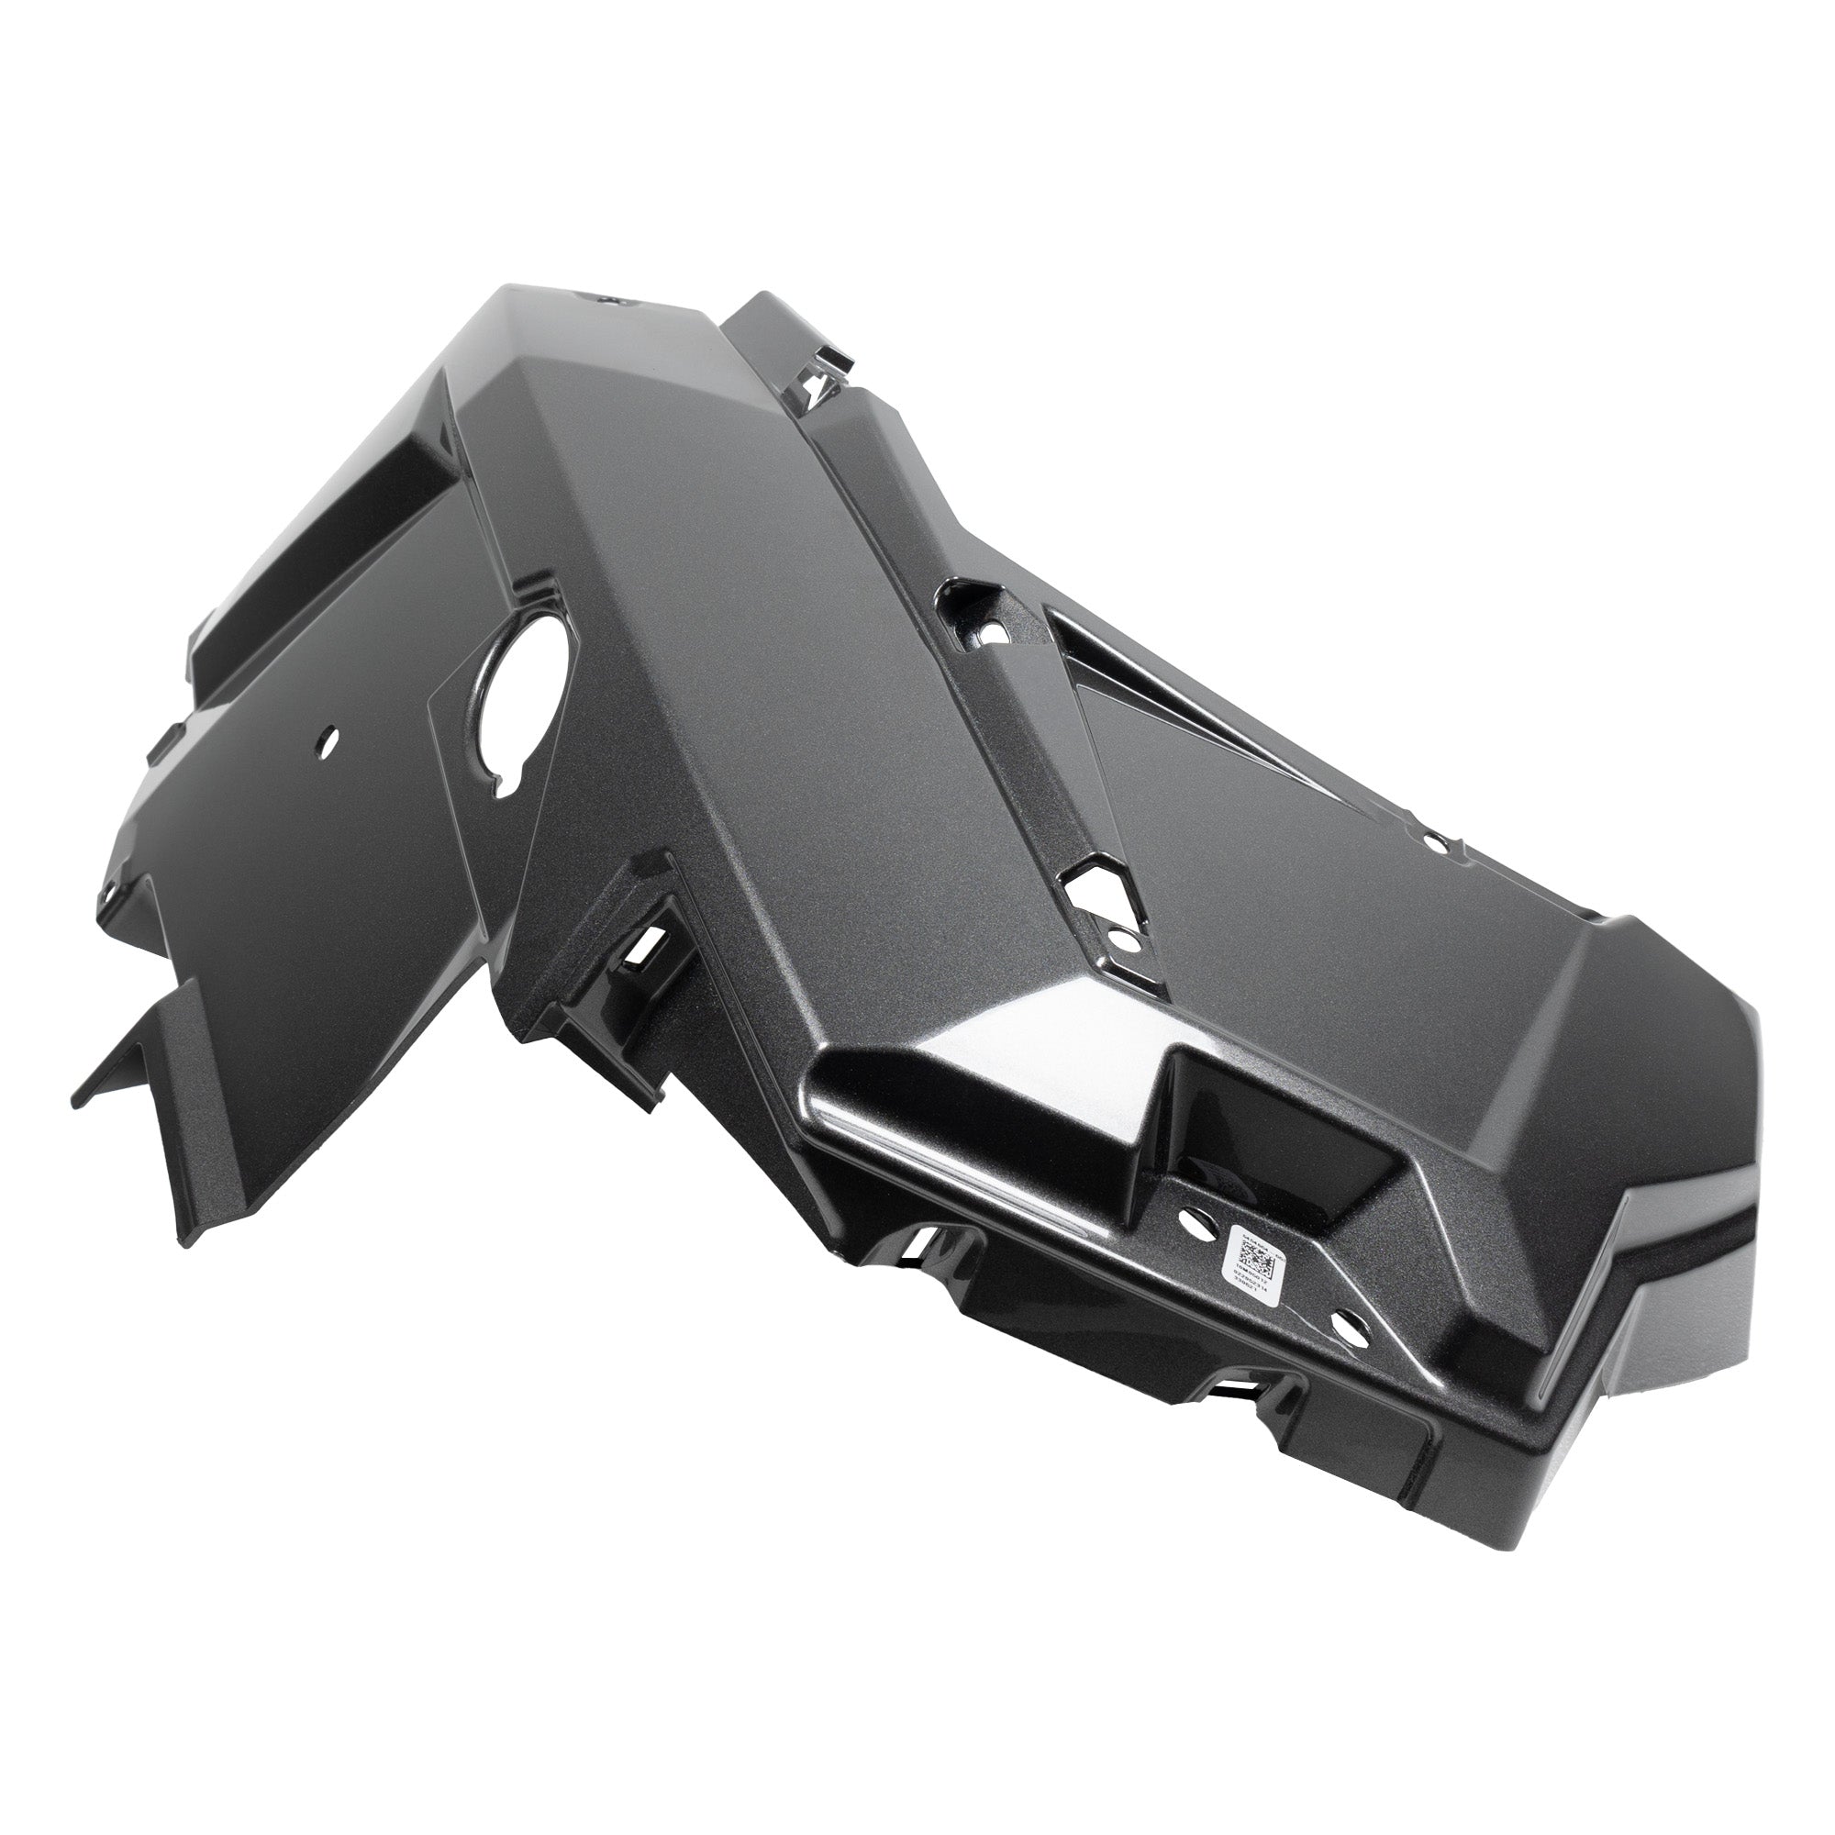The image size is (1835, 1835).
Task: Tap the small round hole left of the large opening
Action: (x=328, y=736)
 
